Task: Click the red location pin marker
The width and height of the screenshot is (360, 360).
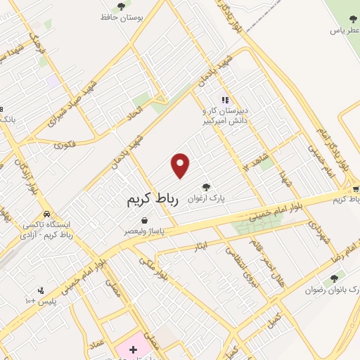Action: click(x=181, y=166)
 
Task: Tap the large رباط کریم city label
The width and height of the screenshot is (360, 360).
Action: click(x=153, y=200)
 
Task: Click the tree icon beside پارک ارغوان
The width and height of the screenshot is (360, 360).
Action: click(x=206, y=187)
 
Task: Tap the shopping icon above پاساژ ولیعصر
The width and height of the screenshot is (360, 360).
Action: click(x=144, y=220)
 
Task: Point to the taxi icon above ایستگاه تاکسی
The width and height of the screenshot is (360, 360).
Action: click(x=46, y=214)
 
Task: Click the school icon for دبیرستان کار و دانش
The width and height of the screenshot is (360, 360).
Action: click(x=225, y=101)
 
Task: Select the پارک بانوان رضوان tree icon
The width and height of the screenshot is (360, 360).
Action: click(x=342, y=278)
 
